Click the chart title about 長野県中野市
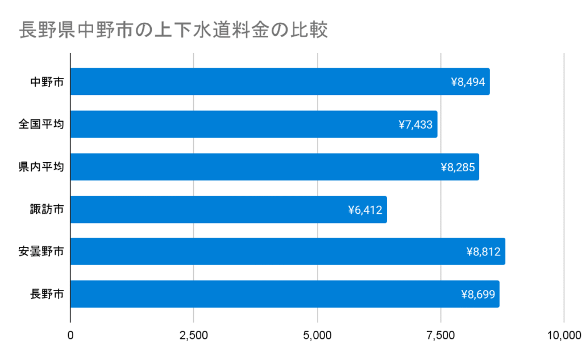(174, 30)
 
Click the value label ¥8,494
(468, 82)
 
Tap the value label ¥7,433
(415, 125)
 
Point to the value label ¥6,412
(365, 210)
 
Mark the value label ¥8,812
(483, 252)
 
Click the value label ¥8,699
(478, 295)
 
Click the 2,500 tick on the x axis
(194, 336)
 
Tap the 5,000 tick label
(318, 336)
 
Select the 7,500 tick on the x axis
(441, 336)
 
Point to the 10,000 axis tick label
(563, 336)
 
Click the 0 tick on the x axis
(70, 336)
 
